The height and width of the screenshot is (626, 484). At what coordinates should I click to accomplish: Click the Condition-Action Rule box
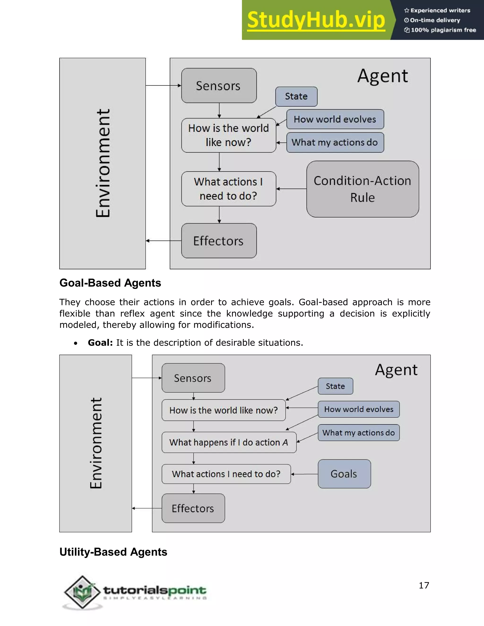click(363, 189)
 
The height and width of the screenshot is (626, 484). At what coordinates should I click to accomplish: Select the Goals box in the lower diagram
click(344, 474)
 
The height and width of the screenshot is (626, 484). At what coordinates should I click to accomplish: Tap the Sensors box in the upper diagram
click(219, 86)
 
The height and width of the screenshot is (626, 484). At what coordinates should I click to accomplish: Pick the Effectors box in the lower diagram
click(193, 508)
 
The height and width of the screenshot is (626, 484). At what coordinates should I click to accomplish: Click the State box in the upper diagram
click(296, 96)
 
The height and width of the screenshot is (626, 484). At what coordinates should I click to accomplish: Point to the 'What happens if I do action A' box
click(229, 442)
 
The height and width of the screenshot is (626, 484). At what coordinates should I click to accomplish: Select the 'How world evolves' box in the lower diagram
click(359, 409)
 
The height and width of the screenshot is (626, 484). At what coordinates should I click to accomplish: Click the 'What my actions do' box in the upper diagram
click(335, 142)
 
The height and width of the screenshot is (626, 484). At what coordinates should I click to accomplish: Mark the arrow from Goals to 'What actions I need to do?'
click(304, 474)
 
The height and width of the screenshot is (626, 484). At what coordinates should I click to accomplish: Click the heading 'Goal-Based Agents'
click(110, 283)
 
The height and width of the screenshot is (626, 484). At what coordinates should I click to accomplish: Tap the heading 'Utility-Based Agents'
click(113, 552)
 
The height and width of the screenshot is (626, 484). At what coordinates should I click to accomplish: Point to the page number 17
click(424, 585)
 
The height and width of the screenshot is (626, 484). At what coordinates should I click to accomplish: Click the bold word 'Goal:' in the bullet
click(100, 343)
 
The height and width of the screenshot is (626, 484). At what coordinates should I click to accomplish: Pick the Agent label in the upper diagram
click(383, 76)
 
